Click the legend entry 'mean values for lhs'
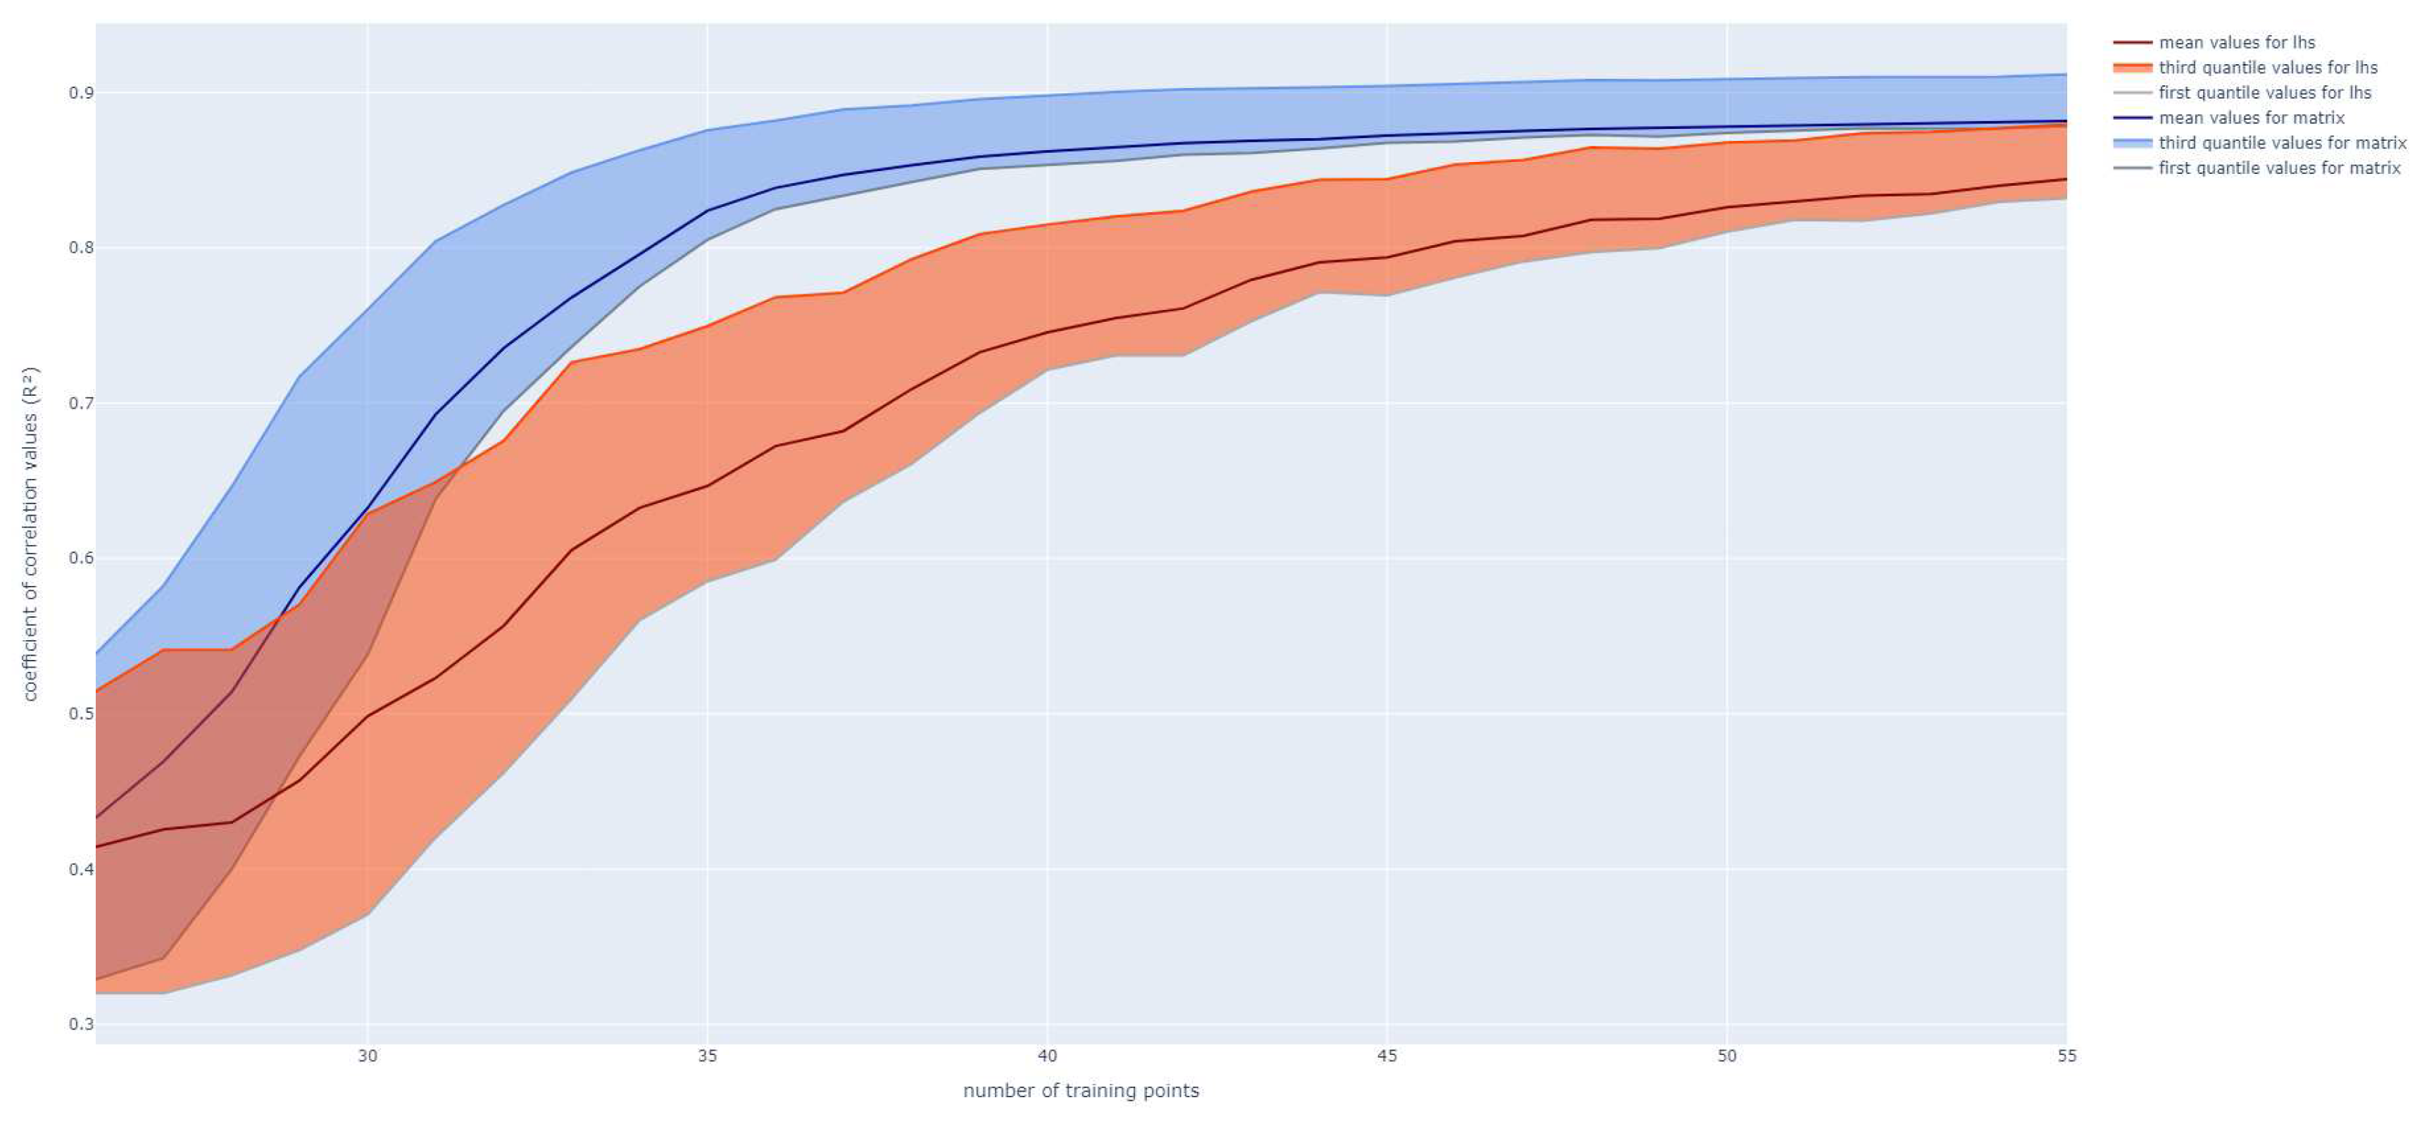coord(2237,42)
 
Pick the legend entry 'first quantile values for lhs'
coord(2265,93)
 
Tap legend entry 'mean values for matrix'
coord(2252,118)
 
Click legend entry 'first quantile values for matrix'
coord(2280,168)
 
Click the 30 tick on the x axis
coord(368,1056)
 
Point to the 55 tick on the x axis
coord(2066,1056)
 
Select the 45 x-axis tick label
coord(1387,1056)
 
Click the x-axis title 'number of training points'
coord(1080,1091)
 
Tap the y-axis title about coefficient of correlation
coord(30,533)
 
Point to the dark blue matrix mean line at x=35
coord(707,211)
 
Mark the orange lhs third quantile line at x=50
coord(1727,142)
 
